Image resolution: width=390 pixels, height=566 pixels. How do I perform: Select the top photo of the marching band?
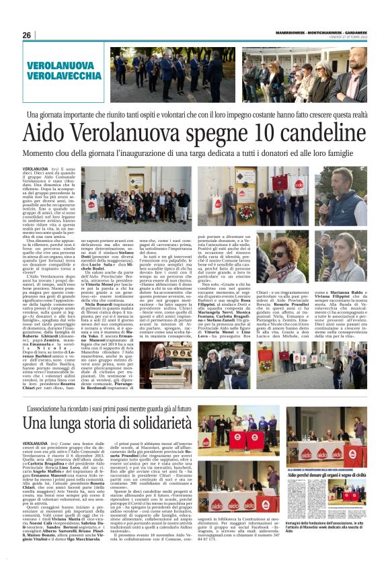click(x=145, y=75)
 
